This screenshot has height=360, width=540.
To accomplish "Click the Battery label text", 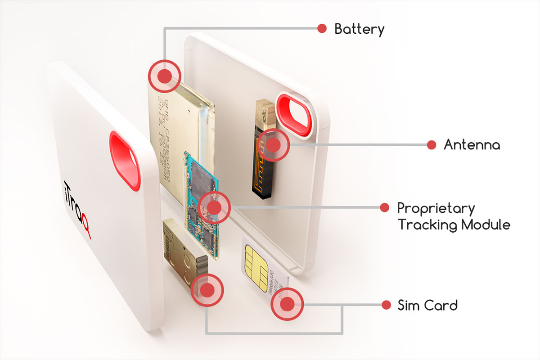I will pyautogui.click(x=359, y=30).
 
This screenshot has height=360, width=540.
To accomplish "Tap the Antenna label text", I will pyautogui.click(x=472, y=145).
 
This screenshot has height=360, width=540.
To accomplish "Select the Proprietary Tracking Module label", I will pyautogui.click(x=454, y=216).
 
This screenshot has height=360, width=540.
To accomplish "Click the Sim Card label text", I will pyautogui.click(x=427, y=306).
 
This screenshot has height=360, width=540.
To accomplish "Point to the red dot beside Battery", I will pyautogui.click(x=322, y=28).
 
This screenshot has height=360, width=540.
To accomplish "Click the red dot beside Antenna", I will pyautogui.click(x=431, y=145).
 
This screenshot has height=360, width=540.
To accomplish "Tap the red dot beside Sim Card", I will pyautogui.click(x=386, y=305).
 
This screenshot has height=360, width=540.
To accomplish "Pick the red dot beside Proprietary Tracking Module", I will pyautogui.click(x=384, y=207).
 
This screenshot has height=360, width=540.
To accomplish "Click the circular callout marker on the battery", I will pyautogui.click(x=165, y=76).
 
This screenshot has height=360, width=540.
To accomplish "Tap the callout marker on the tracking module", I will pyautogui.click(x=214, y=207).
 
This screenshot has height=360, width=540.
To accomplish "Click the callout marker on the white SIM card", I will pyautogui.click(x=287, y=304).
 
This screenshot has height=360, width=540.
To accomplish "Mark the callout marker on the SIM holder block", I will pyautogui.click(x=207, y=290).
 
